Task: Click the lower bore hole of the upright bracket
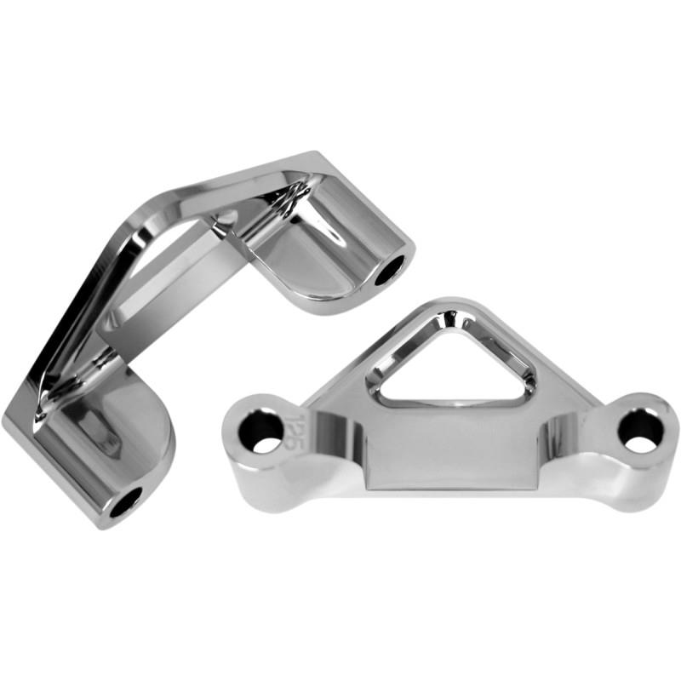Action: tap(125, 502)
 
